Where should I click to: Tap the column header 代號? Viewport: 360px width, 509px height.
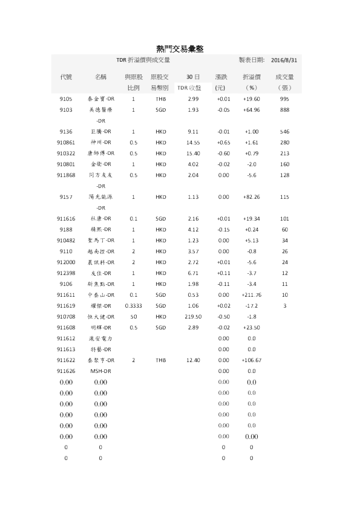[66, 77]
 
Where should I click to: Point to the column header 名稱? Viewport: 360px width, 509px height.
[101, 77]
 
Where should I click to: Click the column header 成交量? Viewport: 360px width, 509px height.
[284, 77]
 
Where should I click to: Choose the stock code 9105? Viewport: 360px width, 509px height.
[66, 99]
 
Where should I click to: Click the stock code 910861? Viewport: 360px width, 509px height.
[66, 142]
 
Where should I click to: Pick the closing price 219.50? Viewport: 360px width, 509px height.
[193, 316]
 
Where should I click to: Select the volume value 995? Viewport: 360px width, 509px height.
[284, 99]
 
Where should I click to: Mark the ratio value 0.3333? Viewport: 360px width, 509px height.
[133, 305]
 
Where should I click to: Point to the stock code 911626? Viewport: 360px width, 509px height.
[66, 371]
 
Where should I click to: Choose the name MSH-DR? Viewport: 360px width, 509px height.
[101, 371]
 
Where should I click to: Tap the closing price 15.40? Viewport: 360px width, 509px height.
[193, 153]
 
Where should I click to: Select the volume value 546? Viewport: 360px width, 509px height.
[284, 131]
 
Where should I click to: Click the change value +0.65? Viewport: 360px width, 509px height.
[223, 142]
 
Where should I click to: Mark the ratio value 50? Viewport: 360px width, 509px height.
[133, 316]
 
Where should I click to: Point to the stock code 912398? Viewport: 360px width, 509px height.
[66, 273]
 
